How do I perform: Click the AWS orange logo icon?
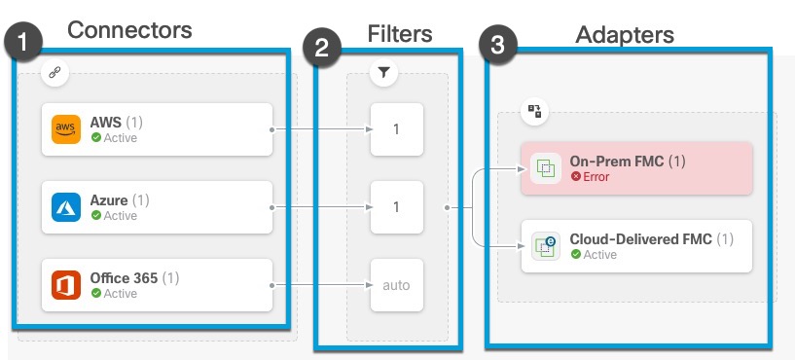66,129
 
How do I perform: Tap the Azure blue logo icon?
66,207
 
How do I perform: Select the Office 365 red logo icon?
66,285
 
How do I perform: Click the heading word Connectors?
129,30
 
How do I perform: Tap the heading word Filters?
399,34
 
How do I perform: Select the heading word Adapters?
623,35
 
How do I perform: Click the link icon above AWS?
54,73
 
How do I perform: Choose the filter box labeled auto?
396,285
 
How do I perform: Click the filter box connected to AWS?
396,128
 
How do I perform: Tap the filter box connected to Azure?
396,207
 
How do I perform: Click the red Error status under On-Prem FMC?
596,177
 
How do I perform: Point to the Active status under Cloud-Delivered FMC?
596,254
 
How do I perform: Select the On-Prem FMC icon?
546,168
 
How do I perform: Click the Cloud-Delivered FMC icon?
546,246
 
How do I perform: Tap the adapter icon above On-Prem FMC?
534,111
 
